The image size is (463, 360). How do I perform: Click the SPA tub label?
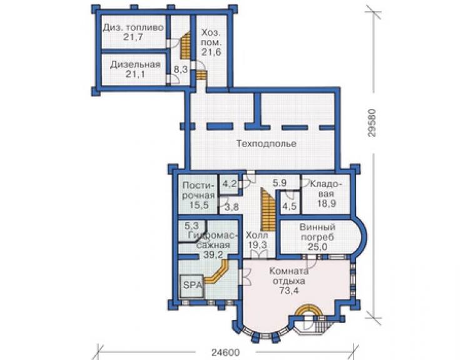[x=193, y=285]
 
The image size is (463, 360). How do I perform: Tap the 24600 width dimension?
[x=226, y=352]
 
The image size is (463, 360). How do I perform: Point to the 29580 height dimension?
[x=372, y=123]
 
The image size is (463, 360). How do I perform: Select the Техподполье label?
[x=267, y=144]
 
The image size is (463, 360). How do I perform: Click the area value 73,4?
[x=289, y=291]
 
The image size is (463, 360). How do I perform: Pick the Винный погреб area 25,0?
[x=317, y=247]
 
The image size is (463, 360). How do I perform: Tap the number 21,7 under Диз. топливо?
[x=133, y=37]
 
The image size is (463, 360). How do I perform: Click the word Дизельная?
[x=135, y=64]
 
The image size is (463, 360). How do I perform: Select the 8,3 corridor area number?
[x=181, y=69]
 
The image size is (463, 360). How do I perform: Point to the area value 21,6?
[x=211, y=52]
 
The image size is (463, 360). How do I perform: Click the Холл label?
[x=257, y=235]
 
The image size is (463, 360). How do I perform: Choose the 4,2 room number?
[x=230, y=184]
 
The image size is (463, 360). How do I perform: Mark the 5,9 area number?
[x=280, y=183]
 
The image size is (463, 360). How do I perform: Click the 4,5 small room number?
[x=289, y=206]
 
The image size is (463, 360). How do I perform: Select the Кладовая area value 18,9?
[x=327, y=203]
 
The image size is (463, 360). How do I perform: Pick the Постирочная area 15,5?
[x=199, y=205]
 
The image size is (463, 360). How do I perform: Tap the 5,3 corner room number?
[x=191, y=226]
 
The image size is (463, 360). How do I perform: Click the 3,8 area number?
[x=232, y=207]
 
